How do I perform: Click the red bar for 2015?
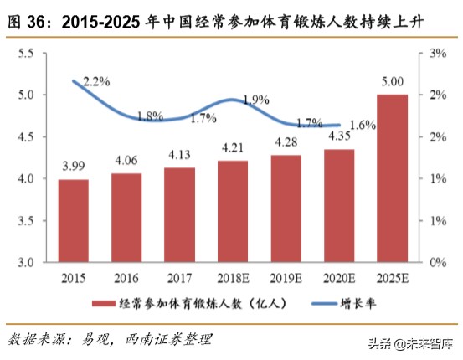coord(74,220)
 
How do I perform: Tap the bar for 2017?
coord(180,214)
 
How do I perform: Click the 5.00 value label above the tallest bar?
coord(393,82)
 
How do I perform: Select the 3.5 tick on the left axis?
coord(26,220)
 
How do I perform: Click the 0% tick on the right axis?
coord(438,262)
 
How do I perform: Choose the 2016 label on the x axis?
coord(126,277)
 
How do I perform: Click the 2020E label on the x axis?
coord(339,277)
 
